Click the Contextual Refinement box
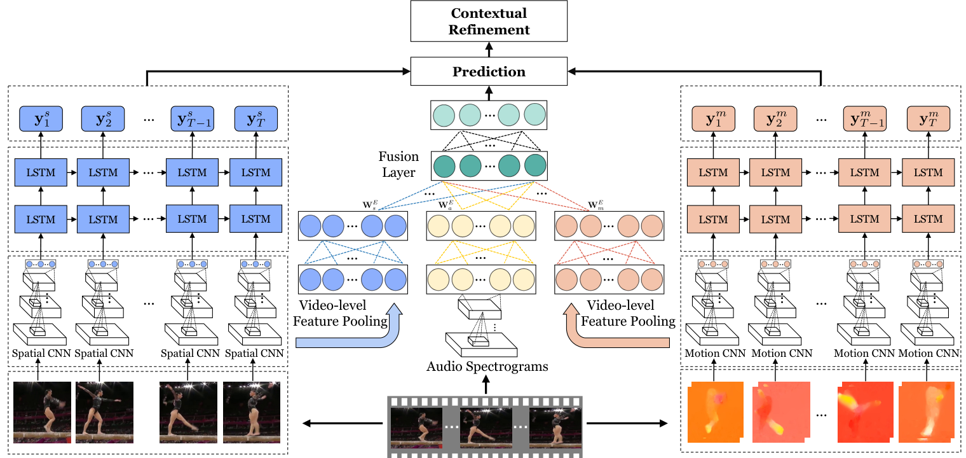489,21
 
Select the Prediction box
489,71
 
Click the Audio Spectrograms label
487,366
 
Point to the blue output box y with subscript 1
39,118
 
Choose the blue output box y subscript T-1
192,118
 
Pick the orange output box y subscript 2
775,118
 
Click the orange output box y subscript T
928,118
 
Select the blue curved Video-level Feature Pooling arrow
356,331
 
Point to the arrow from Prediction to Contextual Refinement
489,48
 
